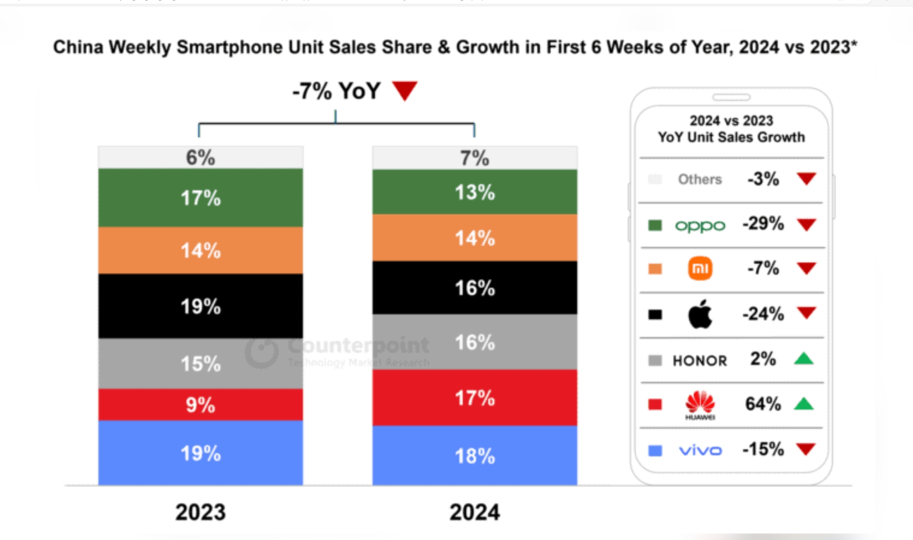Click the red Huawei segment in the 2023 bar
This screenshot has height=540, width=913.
[200, 404]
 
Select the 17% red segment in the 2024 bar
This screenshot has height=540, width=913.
[474, 398]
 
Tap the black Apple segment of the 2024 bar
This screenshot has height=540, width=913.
[474, 287]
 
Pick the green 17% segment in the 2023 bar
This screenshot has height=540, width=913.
[200, 198]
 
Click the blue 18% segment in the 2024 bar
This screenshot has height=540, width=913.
[474, 456]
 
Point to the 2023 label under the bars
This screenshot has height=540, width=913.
[200, 512]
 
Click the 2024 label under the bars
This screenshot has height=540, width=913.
[474, 512]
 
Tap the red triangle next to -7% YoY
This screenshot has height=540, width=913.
[405, 90]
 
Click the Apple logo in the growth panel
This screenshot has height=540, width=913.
[700, 314]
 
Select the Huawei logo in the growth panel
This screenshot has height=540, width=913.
[700, 404]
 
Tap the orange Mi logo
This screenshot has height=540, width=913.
[700, 268]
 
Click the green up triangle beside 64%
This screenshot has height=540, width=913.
[804, 404]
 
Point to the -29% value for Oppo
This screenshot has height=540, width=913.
[763, 223]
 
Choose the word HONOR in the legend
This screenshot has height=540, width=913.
[700, 361]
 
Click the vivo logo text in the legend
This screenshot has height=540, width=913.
[700, 450]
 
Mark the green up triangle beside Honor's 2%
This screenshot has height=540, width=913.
[804, 359]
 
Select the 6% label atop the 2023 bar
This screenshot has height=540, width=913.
[200, 157]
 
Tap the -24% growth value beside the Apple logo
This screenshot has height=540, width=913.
[763, 314]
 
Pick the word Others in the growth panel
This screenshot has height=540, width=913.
[700, 179]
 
